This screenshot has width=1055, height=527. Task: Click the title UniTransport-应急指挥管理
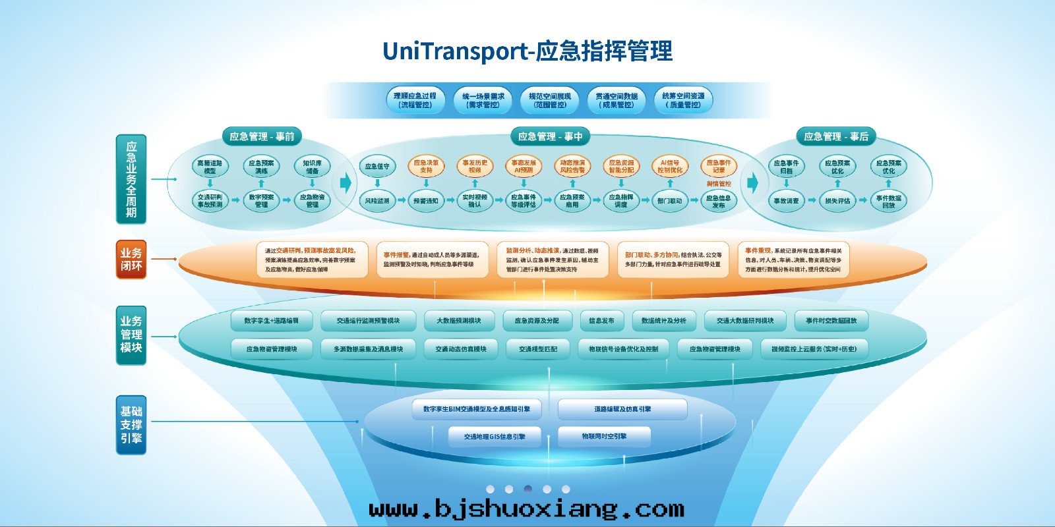tap(527, 51)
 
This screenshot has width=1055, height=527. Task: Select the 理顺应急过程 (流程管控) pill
tap(415, 100)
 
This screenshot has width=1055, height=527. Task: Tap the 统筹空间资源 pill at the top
tap(683, 100)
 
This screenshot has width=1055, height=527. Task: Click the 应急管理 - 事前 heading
tap(262, 136)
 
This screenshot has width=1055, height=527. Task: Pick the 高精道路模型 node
tap(210, 167)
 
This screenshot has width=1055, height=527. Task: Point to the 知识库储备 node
tap(312, 167)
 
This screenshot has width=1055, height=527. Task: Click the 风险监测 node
tap(377, 200)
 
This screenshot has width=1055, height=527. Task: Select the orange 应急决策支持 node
tap(426, 166)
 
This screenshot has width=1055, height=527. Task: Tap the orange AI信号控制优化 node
tap(670, 166)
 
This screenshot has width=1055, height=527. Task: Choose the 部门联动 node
tap(670, 200)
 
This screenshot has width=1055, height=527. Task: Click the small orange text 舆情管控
tap(719, 184)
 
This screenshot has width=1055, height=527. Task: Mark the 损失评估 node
tap(837, 200)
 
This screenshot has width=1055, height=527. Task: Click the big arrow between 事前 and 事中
tap(346, 182)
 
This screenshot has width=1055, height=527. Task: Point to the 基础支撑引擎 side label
tap(131, 425)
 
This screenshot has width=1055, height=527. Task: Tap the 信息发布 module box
tap(601, 321)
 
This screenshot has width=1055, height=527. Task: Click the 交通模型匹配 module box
tap(538, 349)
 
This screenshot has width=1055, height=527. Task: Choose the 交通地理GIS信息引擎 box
tap(495, 437)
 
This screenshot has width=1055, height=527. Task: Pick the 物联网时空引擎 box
tap(604, 437)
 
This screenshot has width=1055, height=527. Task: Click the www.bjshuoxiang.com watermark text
tap(526, 509)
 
